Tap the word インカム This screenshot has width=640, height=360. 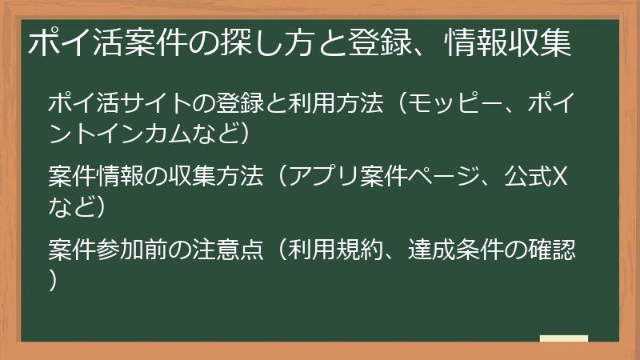pos(144,132)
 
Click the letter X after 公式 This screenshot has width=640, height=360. pos(561,177)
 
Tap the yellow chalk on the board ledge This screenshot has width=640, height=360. pos(563,338)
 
